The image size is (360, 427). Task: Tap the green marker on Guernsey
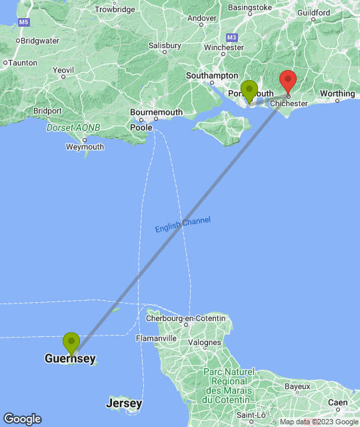click(71, 344)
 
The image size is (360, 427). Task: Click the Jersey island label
click(124, 404)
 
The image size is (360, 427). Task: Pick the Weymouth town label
click(85, 147)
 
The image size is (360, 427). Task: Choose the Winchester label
click(223, 47)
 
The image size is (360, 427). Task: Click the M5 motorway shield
click(24, 22)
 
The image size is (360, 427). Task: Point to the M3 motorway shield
click(232, 37)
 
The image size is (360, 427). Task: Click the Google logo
click(21, 419)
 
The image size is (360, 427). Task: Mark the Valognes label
click(204, 343)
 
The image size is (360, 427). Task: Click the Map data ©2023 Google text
click(319, 422)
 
